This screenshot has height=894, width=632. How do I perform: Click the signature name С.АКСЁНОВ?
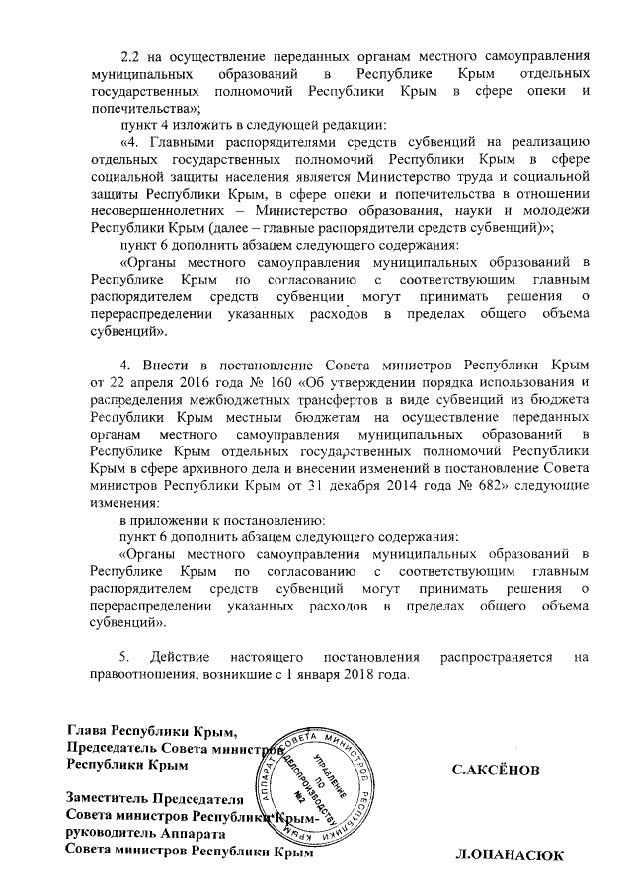point(496,769)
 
